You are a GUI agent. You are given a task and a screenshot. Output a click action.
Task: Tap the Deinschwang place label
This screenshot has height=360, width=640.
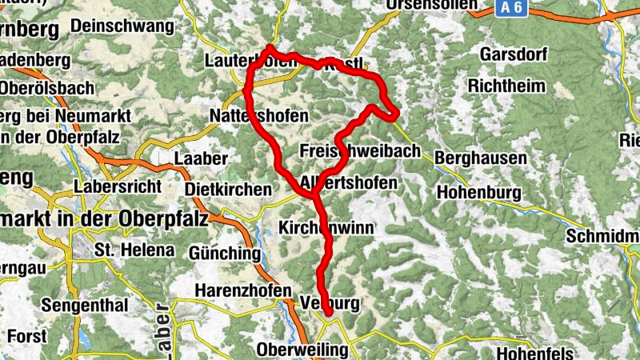coord(122,26)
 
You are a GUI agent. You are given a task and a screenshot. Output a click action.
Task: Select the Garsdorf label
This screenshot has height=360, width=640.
coord(512,54)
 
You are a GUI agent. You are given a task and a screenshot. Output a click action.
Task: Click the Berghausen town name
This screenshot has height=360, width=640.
coord(481,158)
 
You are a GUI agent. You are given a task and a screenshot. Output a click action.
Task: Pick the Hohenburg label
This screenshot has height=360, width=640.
coord(479,193)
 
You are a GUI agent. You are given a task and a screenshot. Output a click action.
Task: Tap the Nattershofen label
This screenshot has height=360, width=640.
coord(258,116)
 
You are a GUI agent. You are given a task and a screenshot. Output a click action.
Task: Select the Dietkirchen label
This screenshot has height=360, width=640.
coord(227,190)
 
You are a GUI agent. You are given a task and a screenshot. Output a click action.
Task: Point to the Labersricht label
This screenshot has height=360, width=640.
coord(117,186)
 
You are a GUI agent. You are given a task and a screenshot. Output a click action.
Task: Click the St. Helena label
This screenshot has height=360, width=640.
coord(134,250)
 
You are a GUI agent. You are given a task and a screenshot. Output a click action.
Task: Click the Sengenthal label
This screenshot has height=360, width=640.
coord(84,305)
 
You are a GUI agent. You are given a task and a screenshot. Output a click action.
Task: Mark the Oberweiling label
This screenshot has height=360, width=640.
coord(302,350)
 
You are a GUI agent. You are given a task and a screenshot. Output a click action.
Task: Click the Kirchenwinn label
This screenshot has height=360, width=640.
coord(326,228)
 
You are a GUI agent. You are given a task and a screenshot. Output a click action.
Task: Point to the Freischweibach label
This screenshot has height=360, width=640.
coord(359,151)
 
